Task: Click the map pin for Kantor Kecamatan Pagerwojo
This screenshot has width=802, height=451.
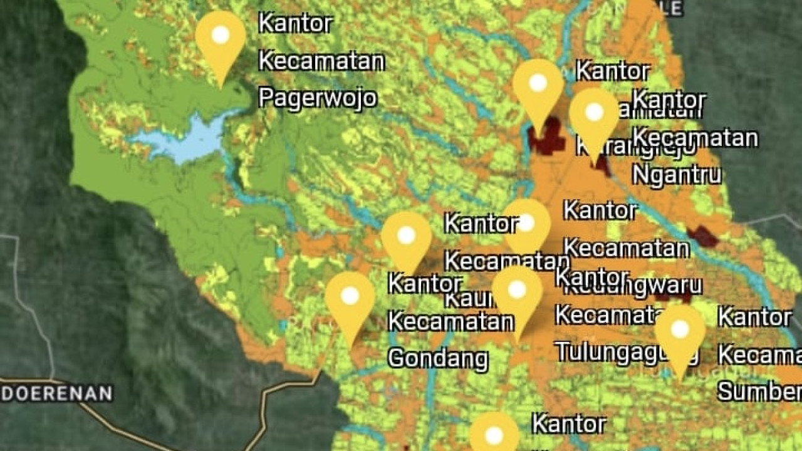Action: (x=221, y=38)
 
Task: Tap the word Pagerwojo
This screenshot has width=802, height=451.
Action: (x=318, y=98)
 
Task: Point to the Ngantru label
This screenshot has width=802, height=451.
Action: (x=676, y=175)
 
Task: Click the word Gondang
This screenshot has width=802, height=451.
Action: (x=438, y=358)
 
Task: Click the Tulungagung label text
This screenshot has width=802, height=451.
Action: (x=627, y=352)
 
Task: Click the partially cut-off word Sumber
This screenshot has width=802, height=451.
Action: (x=759, y=391)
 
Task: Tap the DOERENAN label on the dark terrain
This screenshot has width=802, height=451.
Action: (x=56, y=393)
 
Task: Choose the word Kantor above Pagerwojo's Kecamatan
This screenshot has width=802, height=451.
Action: (x=295, y=24)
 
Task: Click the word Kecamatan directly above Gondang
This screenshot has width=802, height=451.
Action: (x=450, y=321)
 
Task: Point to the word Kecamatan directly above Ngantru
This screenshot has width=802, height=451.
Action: (x=695, y=137)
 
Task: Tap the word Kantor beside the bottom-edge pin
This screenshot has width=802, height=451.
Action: (x=569, y=424)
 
